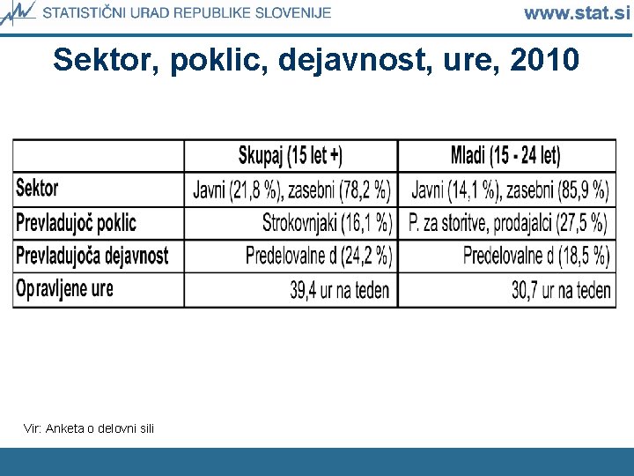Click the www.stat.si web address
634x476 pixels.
[577, 13]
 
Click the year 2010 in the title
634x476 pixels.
[544, 60]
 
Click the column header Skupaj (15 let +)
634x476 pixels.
[291, 156]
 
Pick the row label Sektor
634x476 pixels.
[37, 189]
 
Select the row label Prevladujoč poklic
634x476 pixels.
[77, 222]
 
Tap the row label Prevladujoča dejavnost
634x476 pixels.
[92, 256]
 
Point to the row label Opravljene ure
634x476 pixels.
[64, 288]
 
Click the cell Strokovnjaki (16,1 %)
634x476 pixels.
[327, 222]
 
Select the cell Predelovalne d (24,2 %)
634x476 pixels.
[319, 256]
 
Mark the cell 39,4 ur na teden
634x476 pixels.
[340, 289]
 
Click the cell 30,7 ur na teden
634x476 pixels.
[561, 289]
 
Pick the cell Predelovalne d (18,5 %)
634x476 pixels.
[536, 256]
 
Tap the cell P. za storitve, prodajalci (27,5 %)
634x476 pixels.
[508, 222]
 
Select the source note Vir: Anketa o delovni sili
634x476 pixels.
[89, 428]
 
